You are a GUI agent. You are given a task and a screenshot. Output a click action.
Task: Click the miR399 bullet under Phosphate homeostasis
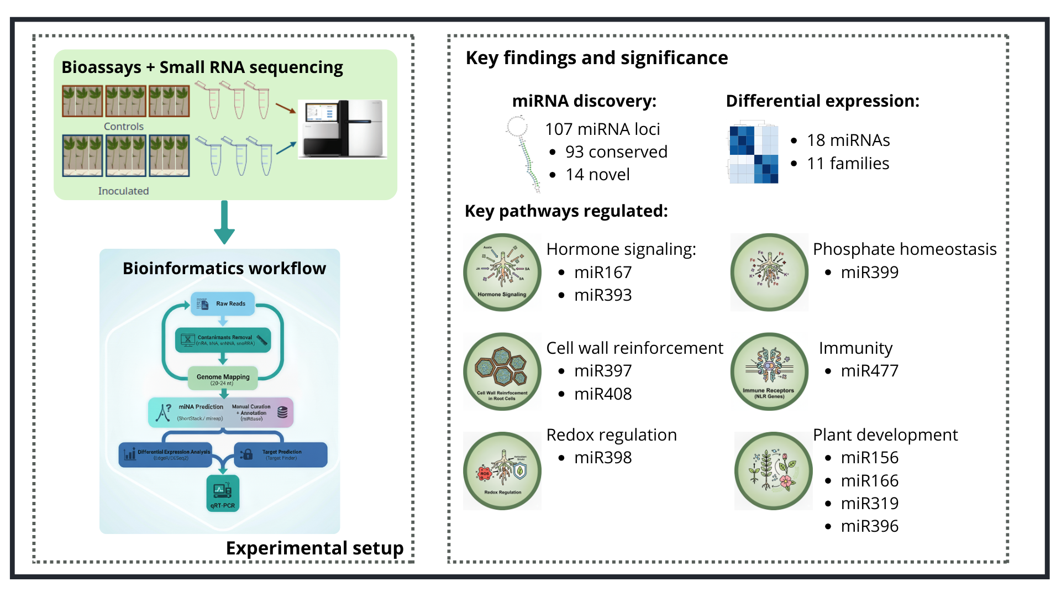(869, 272)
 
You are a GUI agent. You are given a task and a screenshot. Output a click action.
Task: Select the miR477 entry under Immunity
(869, 370)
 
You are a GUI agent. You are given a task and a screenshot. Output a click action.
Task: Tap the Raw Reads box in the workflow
(223, 303)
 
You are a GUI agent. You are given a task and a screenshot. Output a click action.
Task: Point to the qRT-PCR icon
(223, 493)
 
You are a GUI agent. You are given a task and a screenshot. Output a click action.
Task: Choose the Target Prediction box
(281, 454)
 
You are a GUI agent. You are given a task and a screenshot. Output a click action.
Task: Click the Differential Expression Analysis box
(165, 454)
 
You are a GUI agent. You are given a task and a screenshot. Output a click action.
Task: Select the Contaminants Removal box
(223, 340)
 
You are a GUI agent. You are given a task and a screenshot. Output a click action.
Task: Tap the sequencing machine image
(342, 129)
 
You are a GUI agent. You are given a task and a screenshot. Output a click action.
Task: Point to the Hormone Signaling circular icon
(502, 272)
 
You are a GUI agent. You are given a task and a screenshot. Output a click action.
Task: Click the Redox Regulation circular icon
(502, 470)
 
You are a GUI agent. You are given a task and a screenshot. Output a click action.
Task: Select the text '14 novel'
(597, 175)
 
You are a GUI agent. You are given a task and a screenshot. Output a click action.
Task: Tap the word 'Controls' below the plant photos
(124, 127)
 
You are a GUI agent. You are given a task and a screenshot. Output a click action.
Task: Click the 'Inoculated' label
(123, 191)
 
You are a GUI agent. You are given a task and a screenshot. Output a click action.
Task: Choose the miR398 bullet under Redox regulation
(603, 458)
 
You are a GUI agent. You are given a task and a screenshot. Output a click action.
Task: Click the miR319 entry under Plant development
(869, 503)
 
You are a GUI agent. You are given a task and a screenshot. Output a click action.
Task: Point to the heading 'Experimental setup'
(314, 548)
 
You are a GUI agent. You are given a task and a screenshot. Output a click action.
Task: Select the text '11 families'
(848, 164)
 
